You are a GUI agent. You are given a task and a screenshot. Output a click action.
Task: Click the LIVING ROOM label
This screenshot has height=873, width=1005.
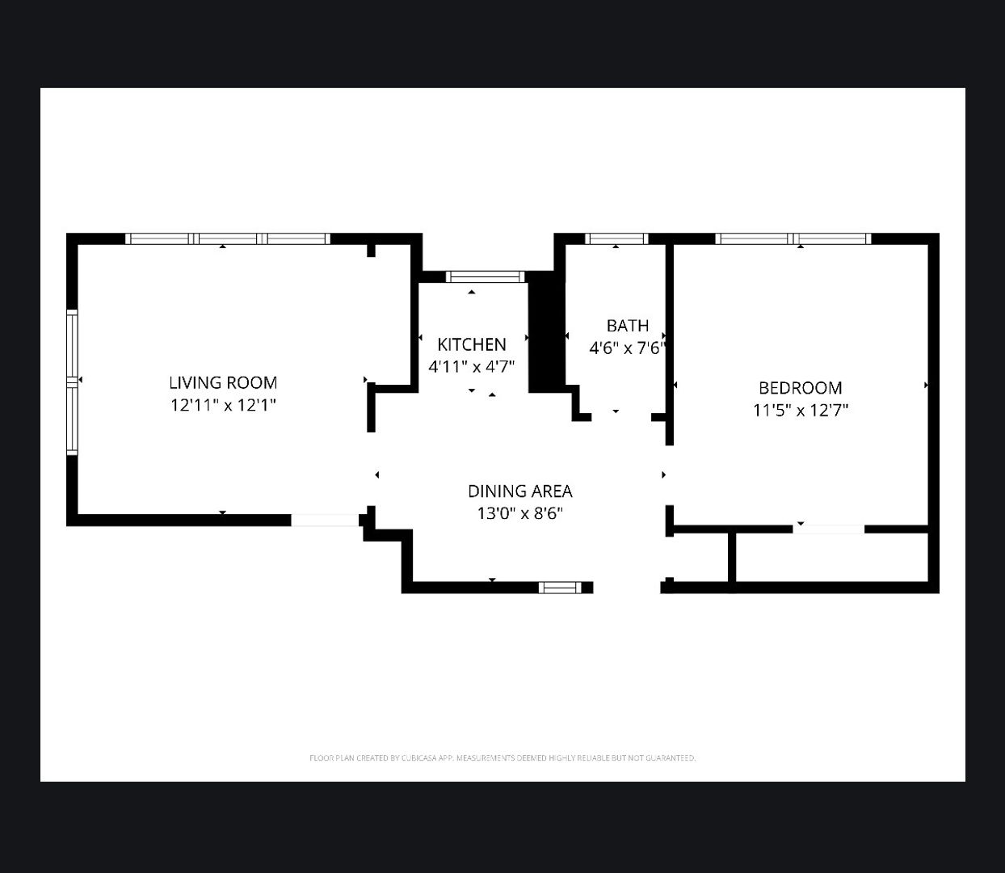(223, 382)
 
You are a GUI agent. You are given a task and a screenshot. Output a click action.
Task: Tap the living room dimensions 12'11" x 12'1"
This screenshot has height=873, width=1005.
(223, 405)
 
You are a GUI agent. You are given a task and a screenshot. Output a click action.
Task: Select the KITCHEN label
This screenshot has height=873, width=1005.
(472, 344)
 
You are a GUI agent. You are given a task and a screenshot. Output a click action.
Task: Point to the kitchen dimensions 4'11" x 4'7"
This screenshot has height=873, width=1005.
(472, 366)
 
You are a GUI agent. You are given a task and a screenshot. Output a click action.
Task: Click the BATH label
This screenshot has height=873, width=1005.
(627, 325)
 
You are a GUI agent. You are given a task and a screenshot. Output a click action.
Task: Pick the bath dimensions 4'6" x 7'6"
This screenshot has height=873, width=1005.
(627, 348)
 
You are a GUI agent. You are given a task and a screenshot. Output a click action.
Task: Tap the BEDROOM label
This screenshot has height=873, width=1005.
(800, 388)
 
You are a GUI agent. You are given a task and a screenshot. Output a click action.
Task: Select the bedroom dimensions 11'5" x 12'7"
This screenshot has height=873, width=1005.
(800, 410)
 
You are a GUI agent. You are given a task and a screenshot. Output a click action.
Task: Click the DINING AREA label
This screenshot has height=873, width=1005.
(519, 491)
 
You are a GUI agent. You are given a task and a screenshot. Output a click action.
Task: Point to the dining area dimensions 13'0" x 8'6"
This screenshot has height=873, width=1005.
(519, 513)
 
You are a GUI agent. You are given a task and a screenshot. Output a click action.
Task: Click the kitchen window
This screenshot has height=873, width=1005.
(486, 276)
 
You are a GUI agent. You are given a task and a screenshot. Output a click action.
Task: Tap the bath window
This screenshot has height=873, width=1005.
(616, 238)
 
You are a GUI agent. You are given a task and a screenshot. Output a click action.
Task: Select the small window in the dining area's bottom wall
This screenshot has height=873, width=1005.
(560, 588)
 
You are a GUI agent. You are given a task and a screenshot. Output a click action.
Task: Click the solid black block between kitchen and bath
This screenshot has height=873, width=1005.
(546, 331)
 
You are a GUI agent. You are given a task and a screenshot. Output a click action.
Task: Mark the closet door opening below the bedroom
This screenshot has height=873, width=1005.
(829, 529)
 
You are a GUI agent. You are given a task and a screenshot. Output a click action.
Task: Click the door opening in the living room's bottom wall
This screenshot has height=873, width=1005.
(325, 521)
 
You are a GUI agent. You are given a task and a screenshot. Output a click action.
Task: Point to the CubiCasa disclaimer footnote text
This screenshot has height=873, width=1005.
(502, 758)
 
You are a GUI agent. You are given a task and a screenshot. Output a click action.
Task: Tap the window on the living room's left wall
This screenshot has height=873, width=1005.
(72, 382)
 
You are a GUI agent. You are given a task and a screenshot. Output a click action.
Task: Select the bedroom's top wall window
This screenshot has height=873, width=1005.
(793, 238)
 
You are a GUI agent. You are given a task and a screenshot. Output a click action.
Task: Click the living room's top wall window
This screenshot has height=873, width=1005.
(228, 238)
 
